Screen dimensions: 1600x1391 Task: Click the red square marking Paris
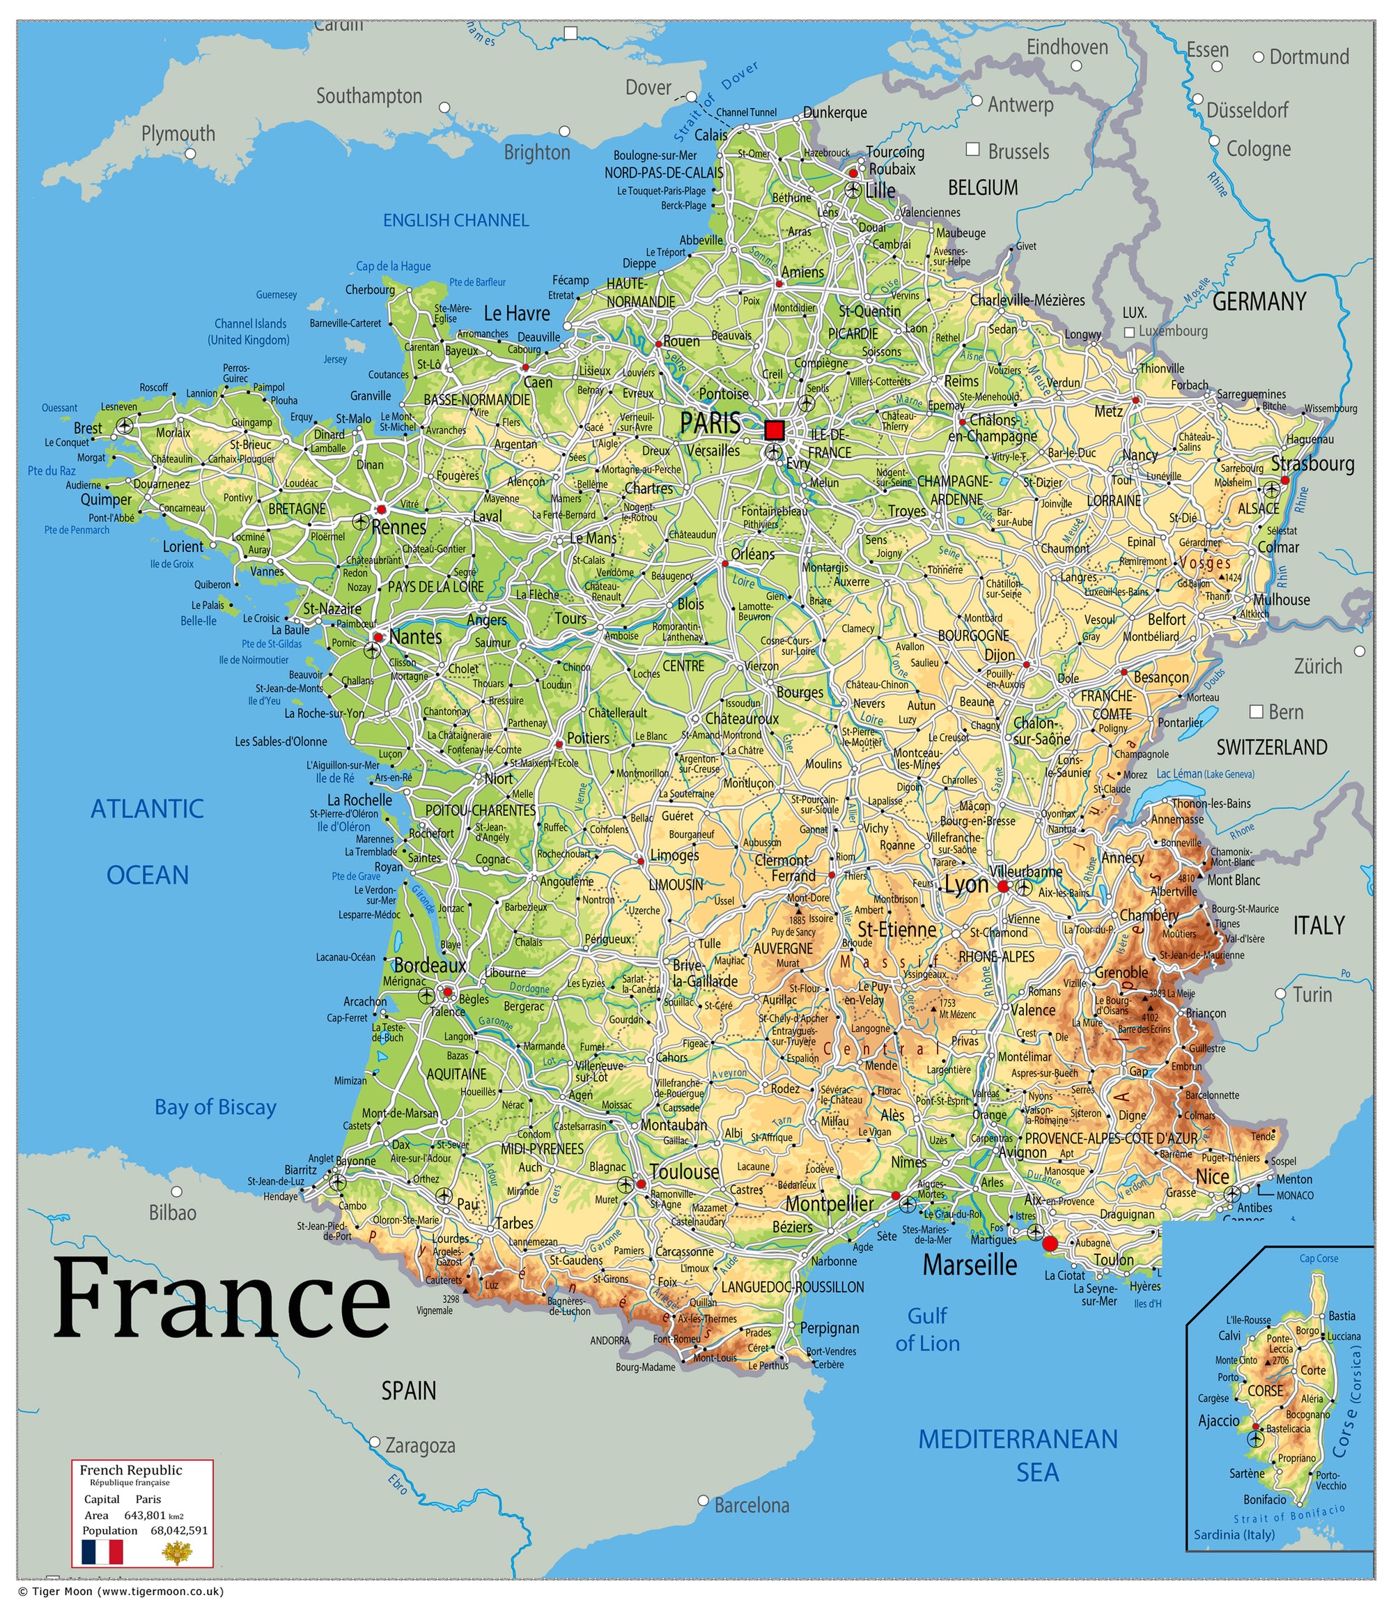pos(774,429)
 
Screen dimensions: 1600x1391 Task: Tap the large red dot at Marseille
pos(1050,1243)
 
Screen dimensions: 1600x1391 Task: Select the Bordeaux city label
pos(429,965)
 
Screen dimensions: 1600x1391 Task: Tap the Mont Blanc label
pos(1234,880)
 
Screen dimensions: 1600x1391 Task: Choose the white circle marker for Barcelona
pos(704,1500)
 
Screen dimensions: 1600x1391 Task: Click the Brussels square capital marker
pos(972,149)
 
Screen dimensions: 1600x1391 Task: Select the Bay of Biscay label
pos(215,1107)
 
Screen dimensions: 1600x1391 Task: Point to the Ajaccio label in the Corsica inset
pos(1219,1421)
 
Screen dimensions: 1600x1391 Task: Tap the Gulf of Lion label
pos(928,1329)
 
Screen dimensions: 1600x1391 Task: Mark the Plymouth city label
pos(178,134)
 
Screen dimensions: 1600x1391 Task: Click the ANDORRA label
pos(610,1341)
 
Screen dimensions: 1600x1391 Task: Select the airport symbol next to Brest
pos(124,426)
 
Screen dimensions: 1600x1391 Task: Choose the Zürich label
pos(1317,666)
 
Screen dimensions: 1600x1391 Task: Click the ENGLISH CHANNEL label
pos(456,220)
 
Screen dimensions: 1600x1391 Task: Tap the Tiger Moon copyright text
pos(121,1592)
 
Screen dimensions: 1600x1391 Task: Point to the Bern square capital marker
pos(1256,711)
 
